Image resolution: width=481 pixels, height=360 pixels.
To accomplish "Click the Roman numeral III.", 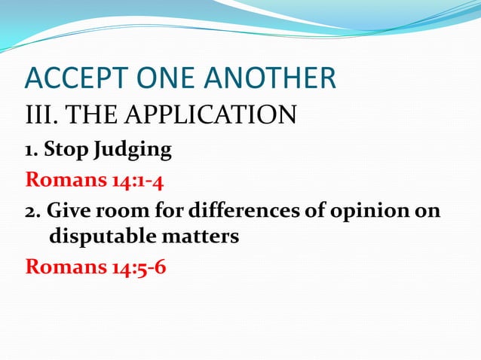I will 41,117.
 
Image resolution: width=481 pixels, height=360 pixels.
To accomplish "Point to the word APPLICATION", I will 215,117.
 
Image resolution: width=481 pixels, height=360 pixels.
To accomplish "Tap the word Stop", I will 66,150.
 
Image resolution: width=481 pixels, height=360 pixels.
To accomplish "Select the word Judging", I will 133,151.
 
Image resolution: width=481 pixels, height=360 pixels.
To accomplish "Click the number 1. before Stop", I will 32,150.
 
